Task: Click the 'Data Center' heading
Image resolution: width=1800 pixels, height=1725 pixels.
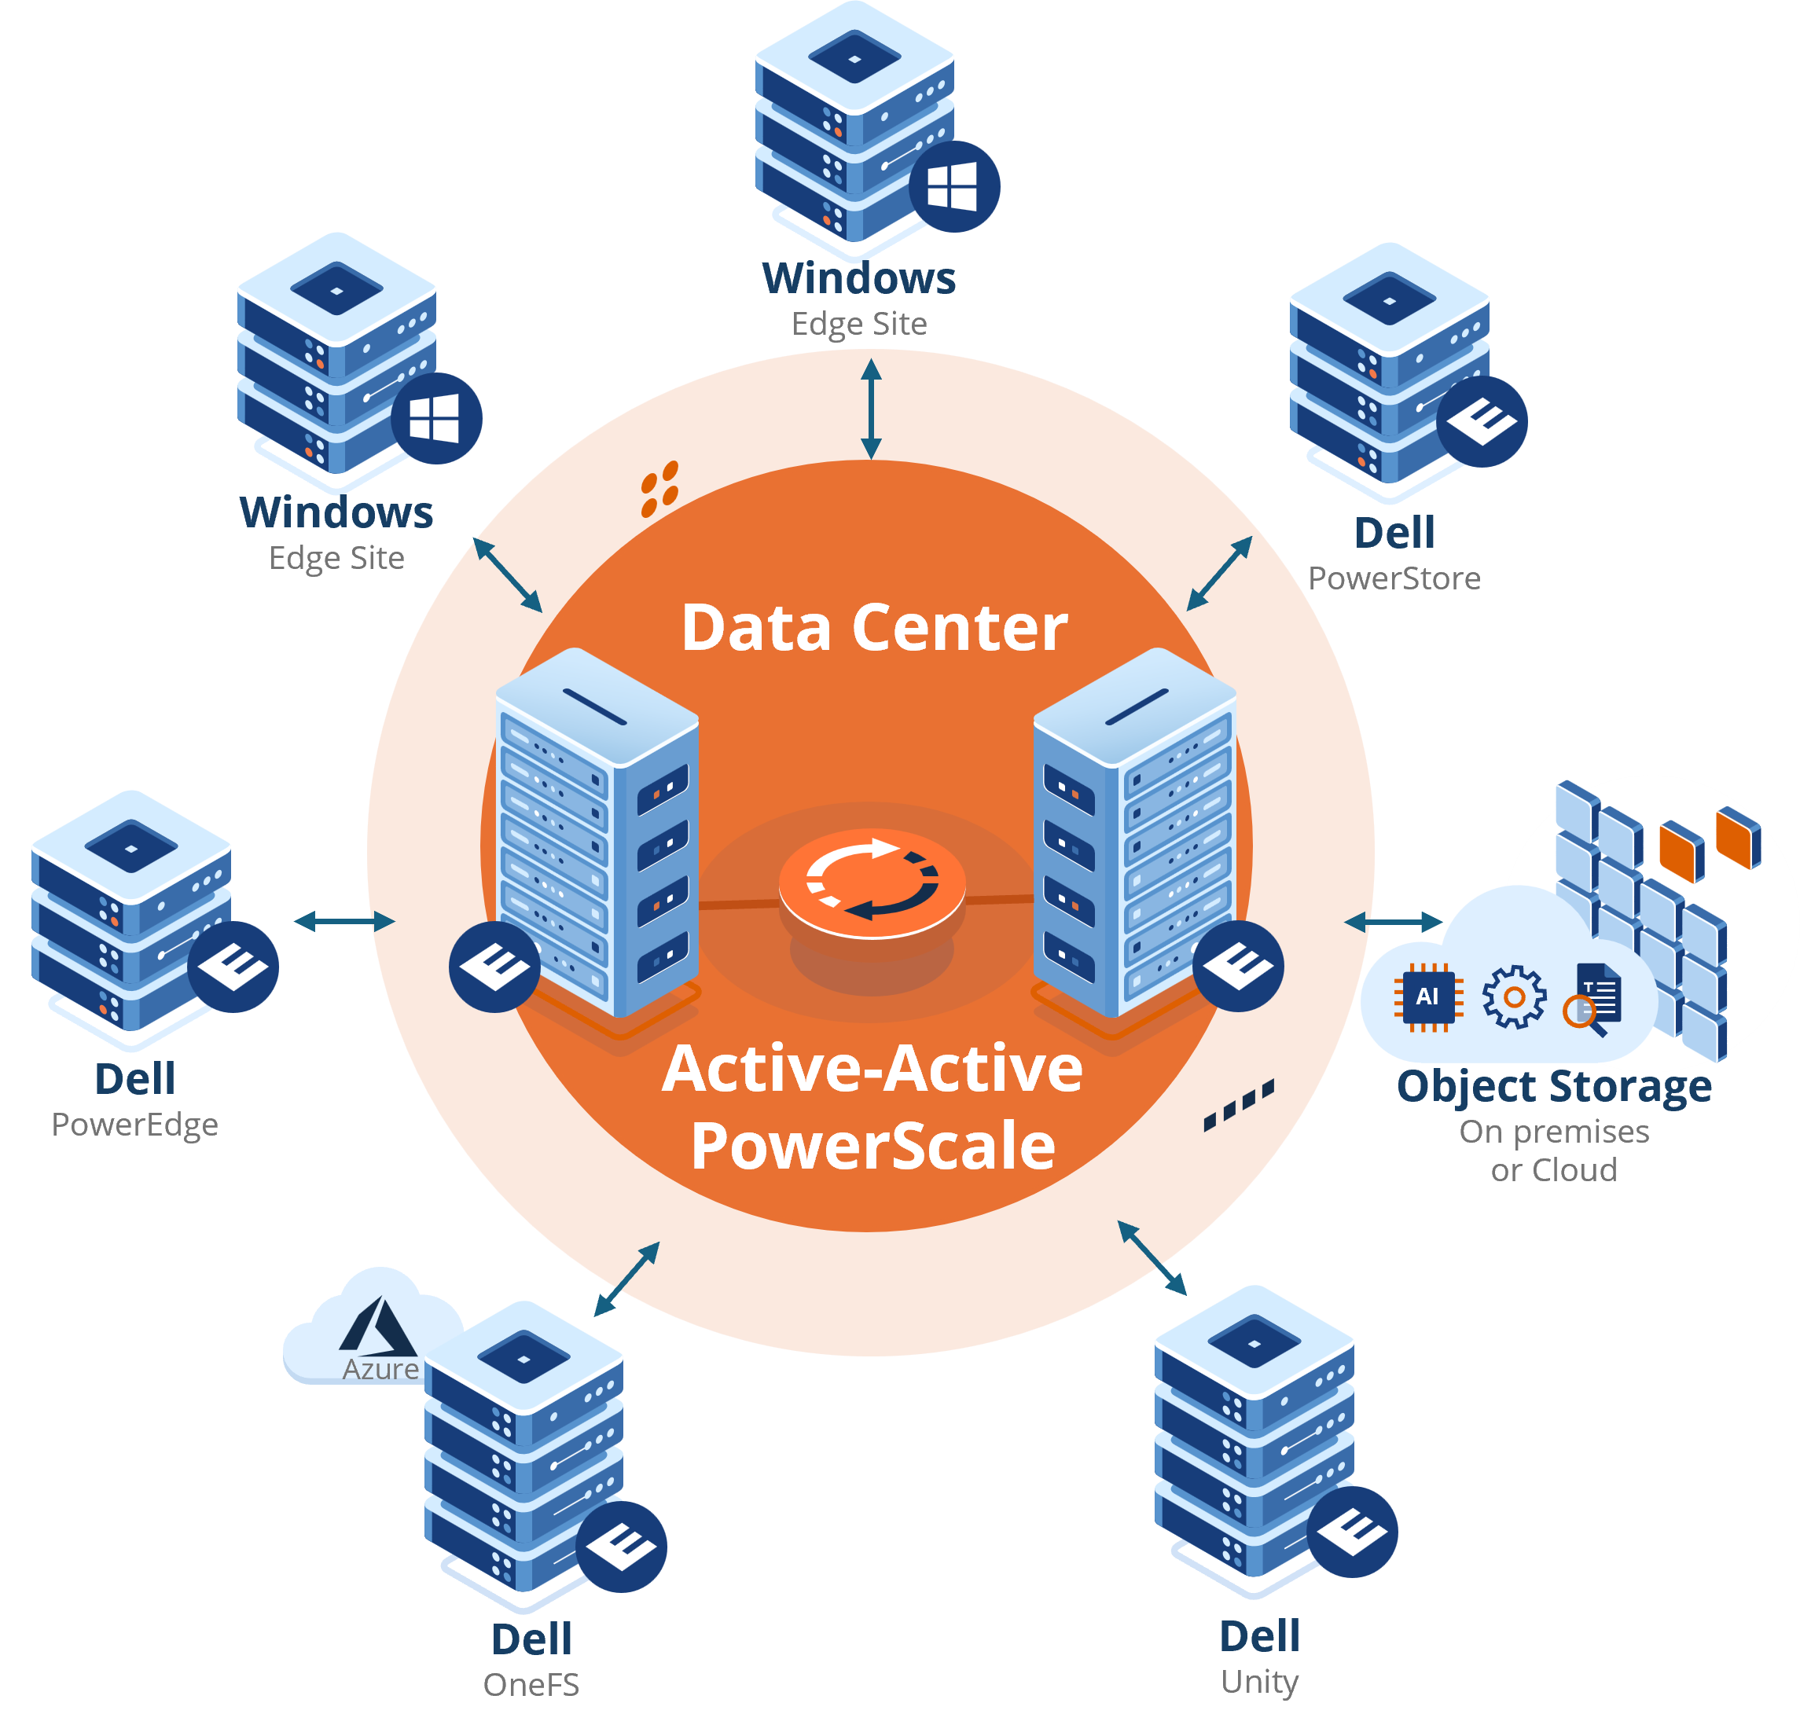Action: [873, 628]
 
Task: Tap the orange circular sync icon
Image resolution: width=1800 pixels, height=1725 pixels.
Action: [872, 880]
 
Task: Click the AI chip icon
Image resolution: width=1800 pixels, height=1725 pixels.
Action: [1427, 997]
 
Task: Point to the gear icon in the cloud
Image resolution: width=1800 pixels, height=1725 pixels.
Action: [1513, 997]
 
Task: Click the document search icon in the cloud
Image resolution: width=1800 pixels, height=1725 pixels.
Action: [1594, 1000]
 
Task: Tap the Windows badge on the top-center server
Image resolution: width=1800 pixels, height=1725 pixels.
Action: [953, 186]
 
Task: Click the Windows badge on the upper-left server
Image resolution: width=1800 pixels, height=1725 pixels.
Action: [435, 419]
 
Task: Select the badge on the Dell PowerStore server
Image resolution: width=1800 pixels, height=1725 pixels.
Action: [1482, 421]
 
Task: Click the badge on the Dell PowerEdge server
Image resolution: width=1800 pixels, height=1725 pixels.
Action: [233, 967]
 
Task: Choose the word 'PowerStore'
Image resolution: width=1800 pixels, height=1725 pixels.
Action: [1394, 578]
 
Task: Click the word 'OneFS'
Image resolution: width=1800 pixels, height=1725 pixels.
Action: [531, 1685]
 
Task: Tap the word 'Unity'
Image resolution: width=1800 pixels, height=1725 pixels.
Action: [1259, 1682]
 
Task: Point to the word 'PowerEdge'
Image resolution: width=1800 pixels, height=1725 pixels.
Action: [135, 1125]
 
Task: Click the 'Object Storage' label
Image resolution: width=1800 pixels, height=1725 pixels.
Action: [1554, 1087]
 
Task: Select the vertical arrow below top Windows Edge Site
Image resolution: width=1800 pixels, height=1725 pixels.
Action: [871, 409]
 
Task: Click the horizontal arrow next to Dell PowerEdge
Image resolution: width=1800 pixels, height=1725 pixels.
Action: [344, 921]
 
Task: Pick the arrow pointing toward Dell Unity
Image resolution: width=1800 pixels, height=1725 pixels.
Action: [1152, 1257]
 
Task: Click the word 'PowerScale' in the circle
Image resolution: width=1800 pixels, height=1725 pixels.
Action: [872, 1146]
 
